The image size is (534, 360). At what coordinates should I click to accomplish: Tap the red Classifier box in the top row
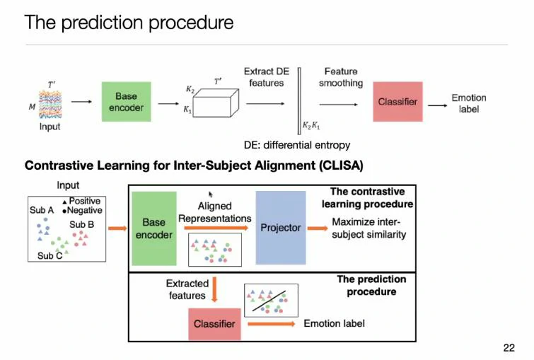(x=397, y=102)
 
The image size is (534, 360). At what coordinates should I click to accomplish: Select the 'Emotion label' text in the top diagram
(x=468, y=103)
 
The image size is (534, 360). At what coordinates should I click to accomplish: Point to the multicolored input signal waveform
(x=50, y=103)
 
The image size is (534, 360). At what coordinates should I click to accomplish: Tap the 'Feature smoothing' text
(x=340, y=77)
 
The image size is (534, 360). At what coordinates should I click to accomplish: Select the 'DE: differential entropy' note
(x=296, y=145)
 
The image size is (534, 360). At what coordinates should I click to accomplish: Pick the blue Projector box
(x=280, y=228)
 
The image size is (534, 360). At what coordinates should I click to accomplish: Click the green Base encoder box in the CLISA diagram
(x=153, y=228)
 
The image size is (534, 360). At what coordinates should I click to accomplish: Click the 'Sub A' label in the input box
(x=42, y=210)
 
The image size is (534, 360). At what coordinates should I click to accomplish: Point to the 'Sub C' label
(x=50, y=256)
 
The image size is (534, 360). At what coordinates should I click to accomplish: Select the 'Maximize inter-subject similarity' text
(x=369, y=228)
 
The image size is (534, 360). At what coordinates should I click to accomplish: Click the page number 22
(x=509, y=347)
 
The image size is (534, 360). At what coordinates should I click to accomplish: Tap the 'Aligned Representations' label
(x=214, y=212)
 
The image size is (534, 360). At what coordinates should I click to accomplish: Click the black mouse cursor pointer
(x=211, y=193)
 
